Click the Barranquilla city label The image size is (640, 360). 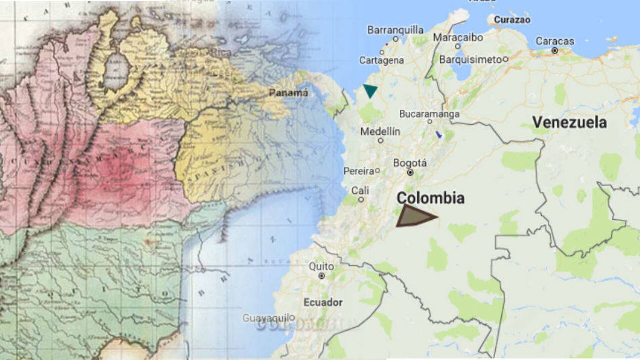395,30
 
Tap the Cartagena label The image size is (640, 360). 381,60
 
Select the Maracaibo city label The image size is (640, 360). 458,37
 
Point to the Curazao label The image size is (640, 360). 512,20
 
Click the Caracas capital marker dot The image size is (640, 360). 555,51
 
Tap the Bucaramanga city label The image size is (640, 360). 429,114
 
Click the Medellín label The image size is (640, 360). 380,132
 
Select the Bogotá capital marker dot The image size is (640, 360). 410,173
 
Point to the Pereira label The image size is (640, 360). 359,171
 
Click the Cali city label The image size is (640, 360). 360,191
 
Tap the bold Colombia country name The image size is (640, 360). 430,198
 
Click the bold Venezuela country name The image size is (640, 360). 569,122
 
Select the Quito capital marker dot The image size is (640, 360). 322,275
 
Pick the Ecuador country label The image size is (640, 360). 323,302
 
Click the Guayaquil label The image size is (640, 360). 266,318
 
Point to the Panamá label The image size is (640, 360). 288,93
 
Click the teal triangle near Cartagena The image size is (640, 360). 370,90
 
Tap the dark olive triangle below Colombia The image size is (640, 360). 413,216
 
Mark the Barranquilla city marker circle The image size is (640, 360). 395,39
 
